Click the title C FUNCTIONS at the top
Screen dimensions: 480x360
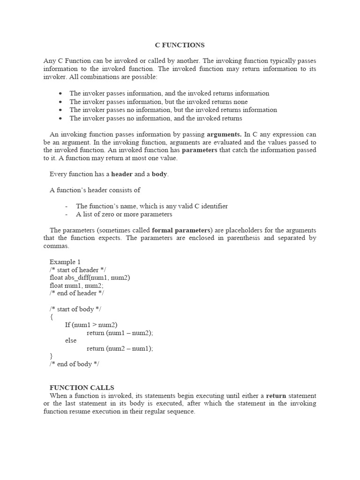pyautogui.click(x=180, y=45)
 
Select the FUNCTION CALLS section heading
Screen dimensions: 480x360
pyautogui.click(x=82, y=388)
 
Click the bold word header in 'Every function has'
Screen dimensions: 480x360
pyautogui.click(x=121, y=174)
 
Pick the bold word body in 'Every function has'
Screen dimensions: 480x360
pyautogui.click(x=159, y=174)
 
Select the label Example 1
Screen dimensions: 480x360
pyautogui.click(x=65, y=262)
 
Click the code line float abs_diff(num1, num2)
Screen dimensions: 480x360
pyautogui.click(x=90, y=277)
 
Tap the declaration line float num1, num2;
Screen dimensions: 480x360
pyautogui.click(x=76, y=285)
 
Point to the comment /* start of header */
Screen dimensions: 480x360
pyautogui.click(x=77, y=270)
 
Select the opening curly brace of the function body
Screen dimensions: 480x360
pyautogui.click(x=51, y=317)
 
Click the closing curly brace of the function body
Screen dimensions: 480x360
pyautogui.click(x=51, y=356)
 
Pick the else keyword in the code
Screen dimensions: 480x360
pyautogui.click(x=70, y=340)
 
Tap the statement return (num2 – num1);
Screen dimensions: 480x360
pyautogui.click(x=120, y=348)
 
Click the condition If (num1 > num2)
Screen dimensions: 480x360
pyautogui.click(x=91, y=325)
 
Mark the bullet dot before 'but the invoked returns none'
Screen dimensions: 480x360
pyautogui.click(x=60, y=102)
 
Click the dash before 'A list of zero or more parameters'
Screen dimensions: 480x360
pyautogui.click(x=67, y=214)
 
